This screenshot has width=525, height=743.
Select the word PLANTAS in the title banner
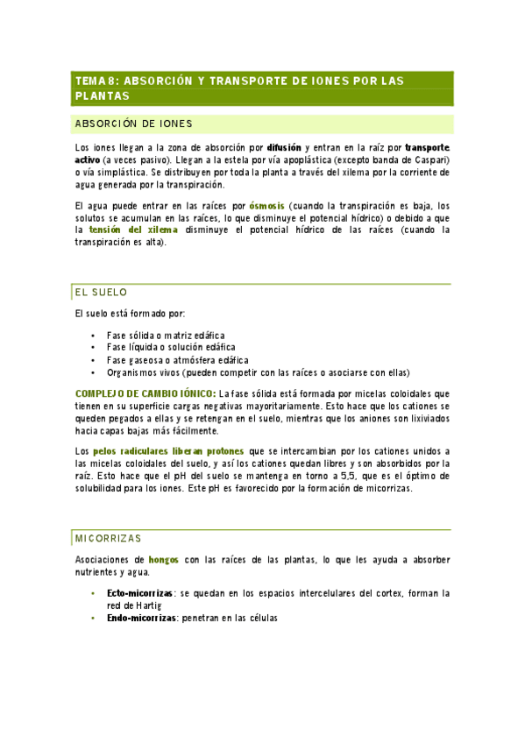tap(102, 96)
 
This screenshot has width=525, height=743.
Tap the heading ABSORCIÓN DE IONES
tap(134, 124)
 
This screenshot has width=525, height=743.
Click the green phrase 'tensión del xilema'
tap(132, 230)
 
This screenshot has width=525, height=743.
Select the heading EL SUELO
tap(102, 292)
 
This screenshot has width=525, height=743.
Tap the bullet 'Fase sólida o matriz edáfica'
tap(165, 336)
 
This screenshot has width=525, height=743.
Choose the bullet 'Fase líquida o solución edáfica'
tap(170, 348)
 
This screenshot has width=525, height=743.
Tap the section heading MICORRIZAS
tap(108, 537)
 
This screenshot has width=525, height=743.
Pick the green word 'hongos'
tap(164, 559)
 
